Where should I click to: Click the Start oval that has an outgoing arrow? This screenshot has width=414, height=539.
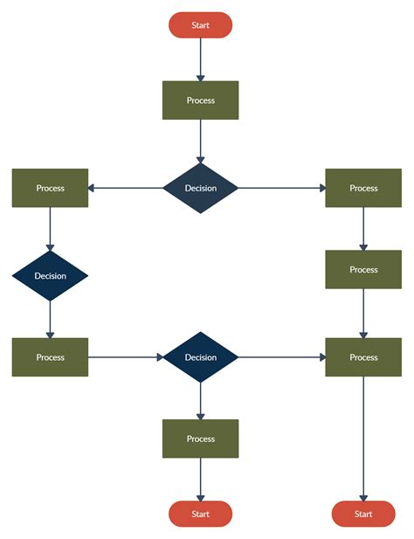tap(200, 25)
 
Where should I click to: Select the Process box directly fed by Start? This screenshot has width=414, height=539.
tap(200, 100)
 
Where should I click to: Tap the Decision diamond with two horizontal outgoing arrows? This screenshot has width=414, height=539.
tap(200, 188)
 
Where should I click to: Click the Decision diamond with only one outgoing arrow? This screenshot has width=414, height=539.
tap(50, 276)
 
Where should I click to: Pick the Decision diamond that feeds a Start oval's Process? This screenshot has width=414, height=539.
tap(200, 357)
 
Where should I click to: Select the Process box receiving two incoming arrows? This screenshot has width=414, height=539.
tap(363, 357)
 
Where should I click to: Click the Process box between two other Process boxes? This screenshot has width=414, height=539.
tap(363, 269)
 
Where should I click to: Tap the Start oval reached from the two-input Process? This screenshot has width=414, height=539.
tap(363, 514)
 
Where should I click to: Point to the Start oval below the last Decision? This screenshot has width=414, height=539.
tap(200, 514)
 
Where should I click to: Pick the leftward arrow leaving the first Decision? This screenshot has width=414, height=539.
tap(127, 188)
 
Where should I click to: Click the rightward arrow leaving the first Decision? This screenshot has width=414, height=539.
tap(281, 188)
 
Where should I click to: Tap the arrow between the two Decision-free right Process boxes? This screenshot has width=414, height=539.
tap(363, 228)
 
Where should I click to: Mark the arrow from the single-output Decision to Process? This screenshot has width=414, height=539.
tap(50, 320)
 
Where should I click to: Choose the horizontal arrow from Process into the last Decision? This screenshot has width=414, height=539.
tap(127, 357)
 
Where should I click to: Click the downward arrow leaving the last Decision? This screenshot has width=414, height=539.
tap(200, 402)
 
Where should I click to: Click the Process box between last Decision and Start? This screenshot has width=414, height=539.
tap(200, 439)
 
